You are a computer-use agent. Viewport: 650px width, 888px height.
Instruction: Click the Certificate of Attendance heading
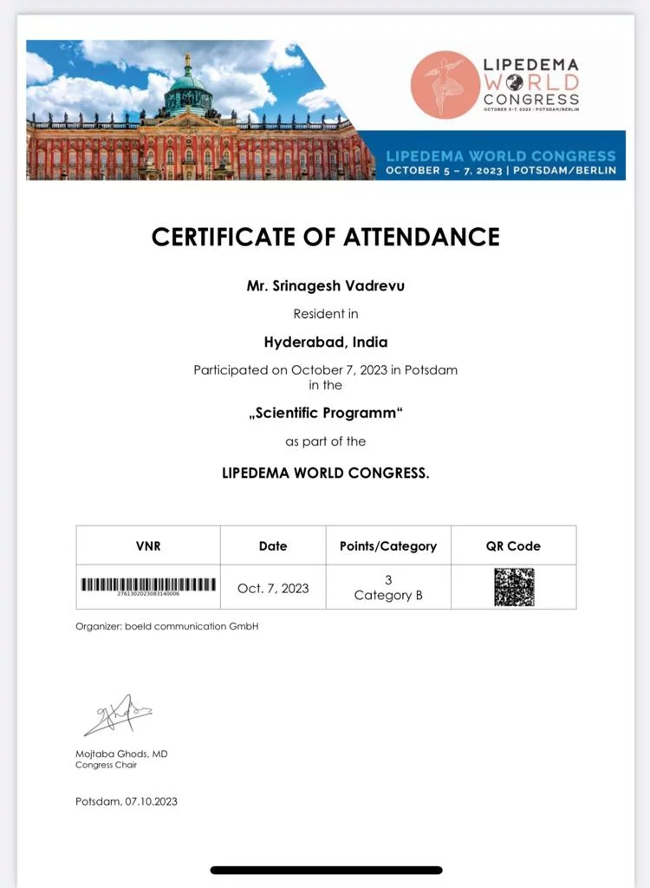325,236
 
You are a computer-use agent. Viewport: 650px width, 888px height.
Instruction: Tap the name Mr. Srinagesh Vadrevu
325,285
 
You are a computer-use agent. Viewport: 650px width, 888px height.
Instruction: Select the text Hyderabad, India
325,342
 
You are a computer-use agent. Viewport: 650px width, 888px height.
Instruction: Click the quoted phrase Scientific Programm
325,413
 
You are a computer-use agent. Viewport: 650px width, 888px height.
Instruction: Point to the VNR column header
148,546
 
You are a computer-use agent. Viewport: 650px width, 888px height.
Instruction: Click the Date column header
272,546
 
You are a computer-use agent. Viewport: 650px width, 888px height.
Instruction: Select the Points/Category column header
387,546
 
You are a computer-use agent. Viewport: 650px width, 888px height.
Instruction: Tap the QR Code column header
513,546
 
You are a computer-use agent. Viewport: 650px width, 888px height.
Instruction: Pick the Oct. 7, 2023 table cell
273,588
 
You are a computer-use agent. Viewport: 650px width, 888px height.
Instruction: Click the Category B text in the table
387,596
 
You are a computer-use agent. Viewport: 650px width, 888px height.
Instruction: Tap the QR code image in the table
514,587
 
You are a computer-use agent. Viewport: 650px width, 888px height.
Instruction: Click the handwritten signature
118,715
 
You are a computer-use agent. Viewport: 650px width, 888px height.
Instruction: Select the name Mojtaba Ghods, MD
121,754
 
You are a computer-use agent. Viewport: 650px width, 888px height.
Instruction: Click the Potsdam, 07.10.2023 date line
127,801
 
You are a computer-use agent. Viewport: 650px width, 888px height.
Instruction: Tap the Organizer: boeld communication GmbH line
167,626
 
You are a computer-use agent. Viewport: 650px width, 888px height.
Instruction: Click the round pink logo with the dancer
445,84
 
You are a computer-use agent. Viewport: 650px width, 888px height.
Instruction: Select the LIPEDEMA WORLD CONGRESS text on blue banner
500,156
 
